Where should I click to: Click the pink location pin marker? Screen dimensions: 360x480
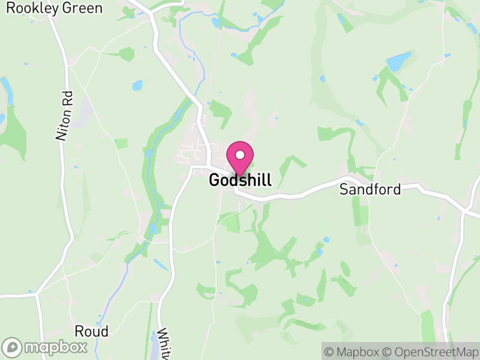(240, 157)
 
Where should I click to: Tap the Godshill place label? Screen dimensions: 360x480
(240, 180)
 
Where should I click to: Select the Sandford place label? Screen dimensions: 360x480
(370, 190)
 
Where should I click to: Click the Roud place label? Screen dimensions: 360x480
(92, 331)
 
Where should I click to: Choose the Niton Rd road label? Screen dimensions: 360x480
(64, 116)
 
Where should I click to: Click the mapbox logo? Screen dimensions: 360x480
(45, 347)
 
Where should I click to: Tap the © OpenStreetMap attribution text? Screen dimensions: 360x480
(430, 351)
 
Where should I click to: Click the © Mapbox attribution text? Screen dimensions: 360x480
(352, 351)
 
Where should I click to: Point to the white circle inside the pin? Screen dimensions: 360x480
(240, 155)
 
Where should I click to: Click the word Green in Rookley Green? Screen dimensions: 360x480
(82, 8)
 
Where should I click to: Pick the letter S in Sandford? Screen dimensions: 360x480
(344, 190)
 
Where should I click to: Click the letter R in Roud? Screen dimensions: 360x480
(79, 331)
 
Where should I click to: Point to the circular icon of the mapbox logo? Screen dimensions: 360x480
(12, 347)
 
